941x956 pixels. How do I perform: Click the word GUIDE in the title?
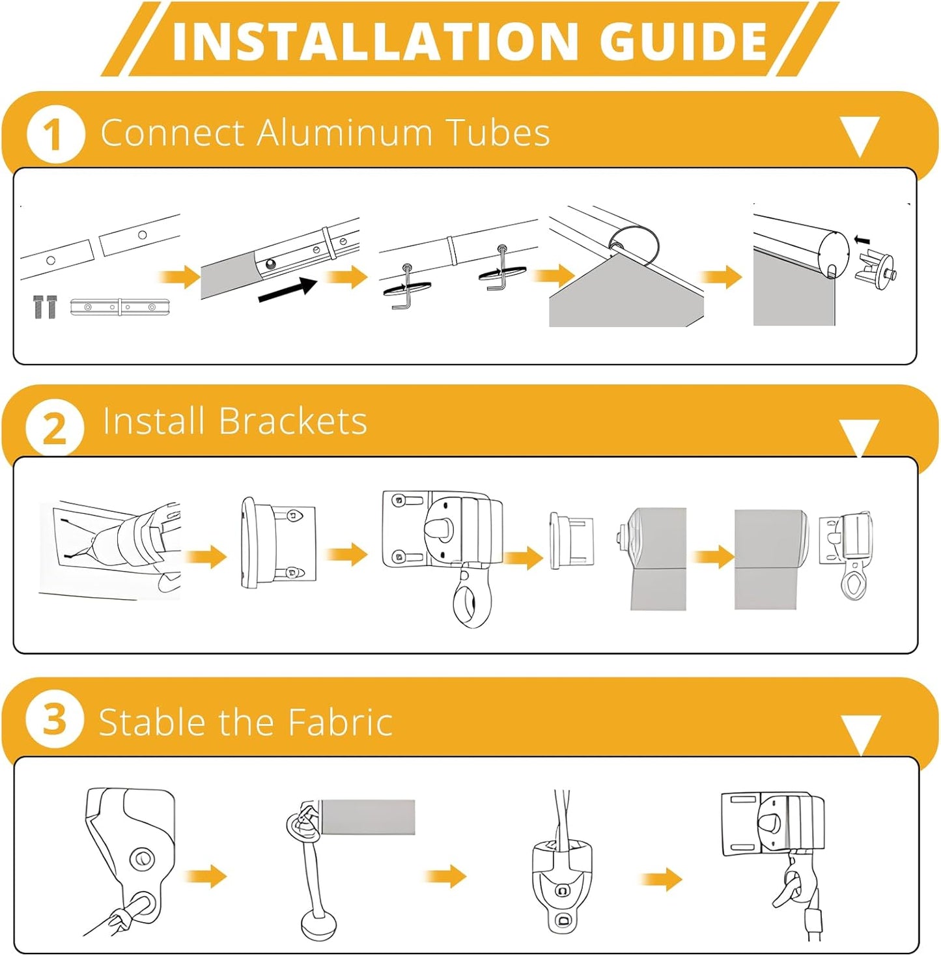coord(686,42)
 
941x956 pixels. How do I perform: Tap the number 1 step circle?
coord(55,134)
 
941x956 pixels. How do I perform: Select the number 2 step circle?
coord(55,428)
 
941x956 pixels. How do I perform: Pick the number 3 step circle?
coord(55,720)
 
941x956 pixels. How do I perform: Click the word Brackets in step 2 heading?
coord(292,421)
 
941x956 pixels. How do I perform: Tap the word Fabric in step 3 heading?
coord(341,722)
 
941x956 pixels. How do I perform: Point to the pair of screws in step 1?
coord(45,307)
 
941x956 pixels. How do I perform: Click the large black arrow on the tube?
coord(288,289)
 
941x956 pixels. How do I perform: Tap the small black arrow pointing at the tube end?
coord(862,241)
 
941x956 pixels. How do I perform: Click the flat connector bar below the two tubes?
coord(120,307)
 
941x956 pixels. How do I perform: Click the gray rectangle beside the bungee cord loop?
coord(368,817)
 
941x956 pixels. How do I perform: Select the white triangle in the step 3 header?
coord(861,735)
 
